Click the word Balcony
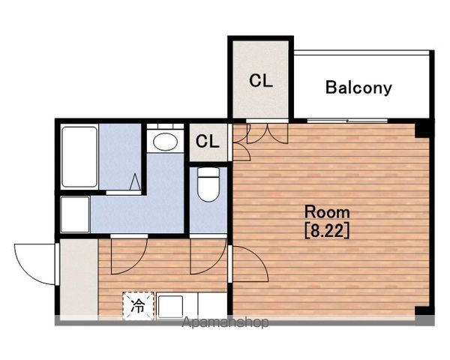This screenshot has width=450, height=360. tap(358, 88)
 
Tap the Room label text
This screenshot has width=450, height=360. tap(327, 212)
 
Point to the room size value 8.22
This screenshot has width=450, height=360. tap(327, 230)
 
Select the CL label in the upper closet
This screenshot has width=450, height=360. tap(260, 81)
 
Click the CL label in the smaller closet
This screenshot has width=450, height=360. tap(208, 141)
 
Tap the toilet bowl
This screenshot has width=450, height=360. tap(208, 184)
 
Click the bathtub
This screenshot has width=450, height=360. tap(79, 157)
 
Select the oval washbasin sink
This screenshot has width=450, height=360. tap(165, 142)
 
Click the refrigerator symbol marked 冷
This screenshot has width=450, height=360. tap(138, 306)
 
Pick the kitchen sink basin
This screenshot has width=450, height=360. tap(170, 307)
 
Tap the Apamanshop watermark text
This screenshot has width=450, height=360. tap(225, 322)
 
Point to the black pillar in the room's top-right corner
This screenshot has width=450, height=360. tap(422, 130)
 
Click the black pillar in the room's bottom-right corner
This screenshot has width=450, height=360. tap(422, 311)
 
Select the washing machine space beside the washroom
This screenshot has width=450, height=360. tap(75, 214)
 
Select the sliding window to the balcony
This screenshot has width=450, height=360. tap(347, 121)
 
